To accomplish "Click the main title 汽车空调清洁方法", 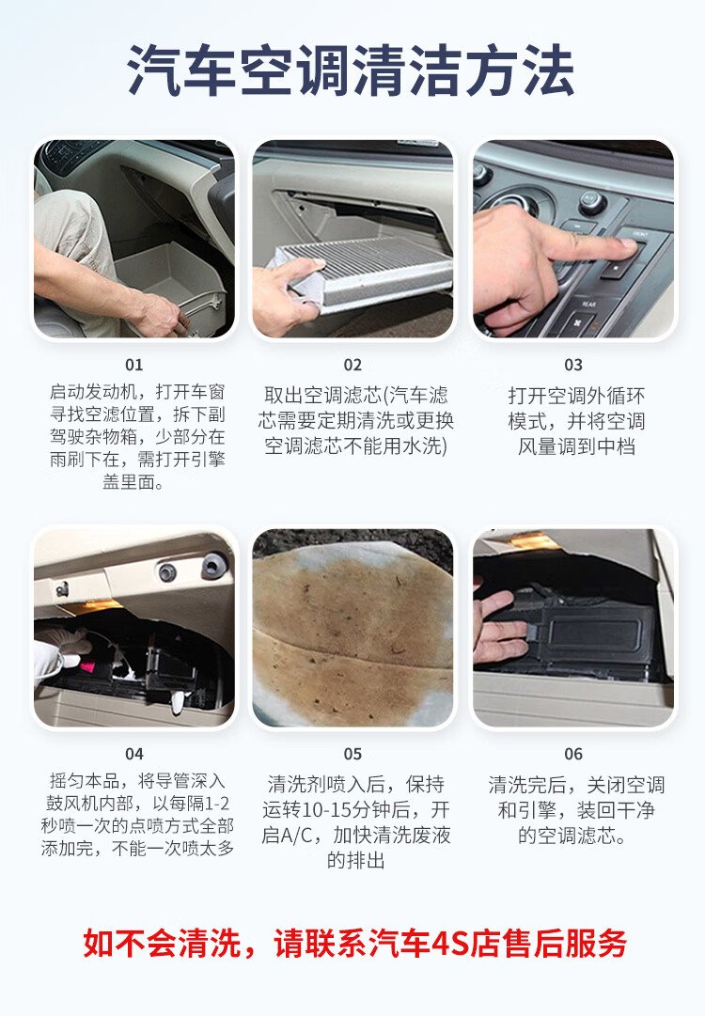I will pos(352,71).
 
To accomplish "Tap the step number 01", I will pos(134,365).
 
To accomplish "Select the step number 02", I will pos(352,365).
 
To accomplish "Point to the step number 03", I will pos(573,365).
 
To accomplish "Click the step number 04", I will pos(134,754).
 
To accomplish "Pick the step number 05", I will pos(352,754).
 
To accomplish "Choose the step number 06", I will pos(573,754).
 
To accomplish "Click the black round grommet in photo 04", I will pos(214,566).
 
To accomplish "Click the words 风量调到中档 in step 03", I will pos(573,446).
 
